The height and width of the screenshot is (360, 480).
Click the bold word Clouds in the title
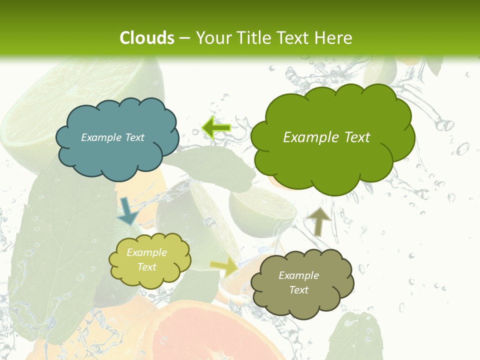(x=147, y=38)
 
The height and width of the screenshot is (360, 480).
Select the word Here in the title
(x=334, y=38)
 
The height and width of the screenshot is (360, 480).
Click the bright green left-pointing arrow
(x=216, y=128)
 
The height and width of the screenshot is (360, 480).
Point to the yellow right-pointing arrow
(x=224, y=266)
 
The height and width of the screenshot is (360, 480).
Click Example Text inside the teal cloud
(x=112, y=137)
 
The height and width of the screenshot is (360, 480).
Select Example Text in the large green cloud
(x=326, y=137)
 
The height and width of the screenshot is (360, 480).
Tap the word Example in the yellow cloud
(x=146, y=252)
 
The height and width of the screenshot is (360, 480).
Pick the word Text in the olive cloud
(x=298, y=290)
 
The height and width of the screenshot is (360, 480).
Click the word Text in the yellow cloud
(x=146, y=267)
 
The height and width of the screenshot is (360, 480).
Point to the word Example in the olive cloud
(x=298, y=275)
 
